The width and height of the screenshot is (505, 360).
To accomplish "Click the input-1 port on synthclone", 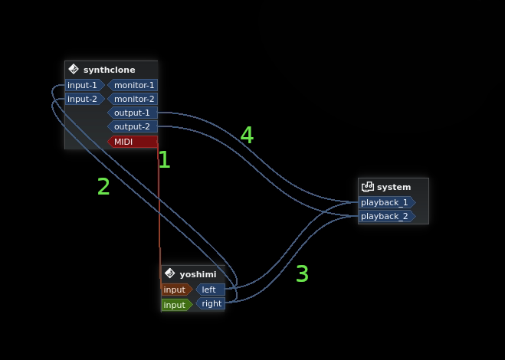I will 83,85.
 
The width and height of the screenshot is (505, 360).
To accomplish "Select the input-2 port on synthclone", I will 83,99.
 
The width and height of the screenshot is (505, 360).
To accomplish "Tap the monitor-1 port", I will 133,85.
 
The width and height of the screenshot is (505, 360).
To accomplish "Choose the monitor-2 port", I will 133,99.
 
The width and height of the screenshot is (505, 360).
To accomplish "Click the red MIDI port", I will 132,141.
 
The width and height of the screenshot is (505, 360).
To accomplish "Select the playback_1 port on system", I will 385,202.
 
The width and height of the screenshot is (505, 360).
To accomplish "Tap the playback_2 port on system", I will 385,216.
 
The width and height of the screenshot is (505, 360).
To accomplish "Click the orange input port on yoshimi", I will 175,290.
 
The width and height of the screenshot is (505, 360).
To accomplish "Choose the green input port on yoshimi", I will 175,304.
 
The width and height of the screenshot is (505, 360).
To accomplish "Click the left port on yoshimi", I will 210,290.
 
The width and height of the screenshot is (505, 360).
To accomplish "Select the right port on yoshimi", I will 211,303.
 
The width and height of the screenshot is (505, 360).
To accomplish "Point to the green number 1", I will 164,159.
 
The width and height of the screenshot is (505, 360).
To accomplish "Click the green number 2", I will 103,186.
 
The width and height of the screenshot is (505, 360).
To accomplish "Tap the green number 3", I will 302,273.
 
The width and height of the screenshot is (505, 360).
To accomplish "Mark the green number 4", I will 247,135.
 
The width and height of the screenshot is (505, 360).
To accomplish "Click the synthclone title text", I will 109,70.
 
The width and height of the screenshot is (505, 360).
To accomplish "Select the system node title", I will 394,187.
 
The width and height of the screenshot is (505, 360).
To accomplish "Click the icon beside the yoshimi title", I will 169,273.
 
